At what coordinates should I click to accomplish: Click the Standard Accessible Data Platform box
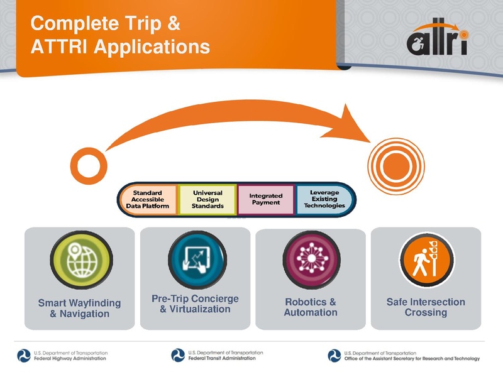(x=148, y=199)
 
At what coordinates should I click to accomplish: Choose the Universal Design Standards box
(x=207, y=199)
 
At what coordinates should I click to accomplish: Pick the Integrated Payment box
(x=266, y=199)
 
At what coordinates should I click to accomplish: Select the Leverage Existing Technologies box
(x=324, y=199)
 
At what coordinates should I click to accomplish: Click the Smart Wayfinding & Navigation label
(x=79, y=308)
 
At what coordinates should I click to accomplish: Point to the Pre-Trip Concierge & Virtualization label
(x=195, y=303)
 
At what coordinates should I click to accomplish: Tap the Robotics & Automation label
(x=311, y=307)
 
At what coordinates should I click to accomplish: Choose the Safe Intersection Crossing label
(x=426, y=307)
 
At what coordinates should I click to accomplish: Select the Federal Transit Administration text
(x=223, y=358)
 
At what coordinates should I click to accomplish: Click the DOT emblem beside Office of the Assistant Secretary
(x=334, y=355)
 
